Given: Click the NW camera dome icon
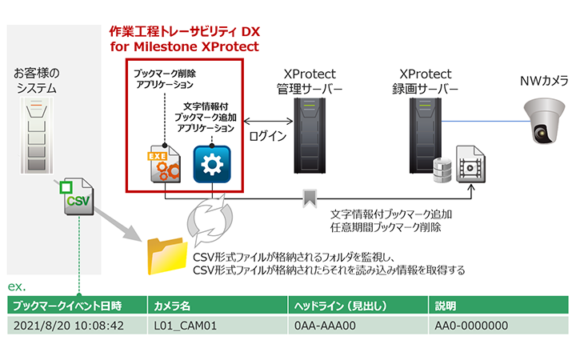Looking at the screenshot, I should coord(543,117).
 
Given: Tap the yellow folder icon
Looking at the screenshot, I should coord(166,255).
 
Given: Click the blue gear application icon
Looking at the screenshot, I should coord(212,164).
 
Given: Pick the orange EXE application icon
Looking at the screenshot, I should coord(166,164).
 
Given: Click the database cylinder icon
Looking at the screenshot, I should coord(442,170).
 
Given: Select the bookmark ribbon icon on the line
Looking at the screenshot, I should coord(308,197).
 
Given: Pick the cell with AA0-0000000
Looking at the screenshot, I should coord(471,326).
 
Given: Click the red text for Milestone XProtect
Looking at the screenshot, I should coord(185,46).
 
